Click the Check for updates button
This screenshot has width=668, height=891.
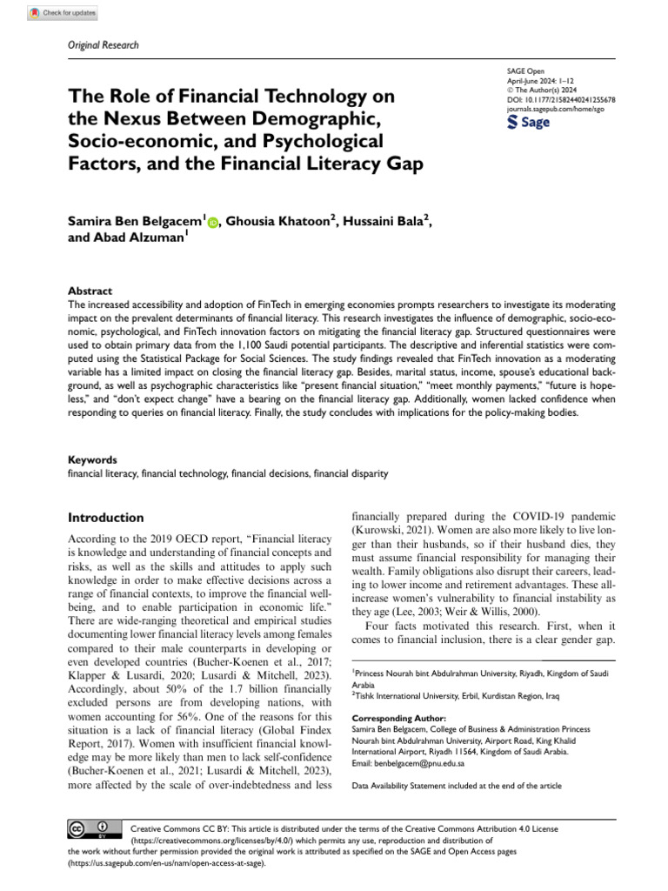click(63, 13)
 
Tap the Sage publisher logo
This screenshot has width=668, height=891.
click(528, 123)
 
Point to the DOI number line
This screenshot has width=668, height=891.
click(560, 100)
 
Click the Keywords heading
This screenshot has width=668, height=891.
click(91, 459)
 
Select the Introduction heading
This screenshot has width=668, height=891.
click(106, 517)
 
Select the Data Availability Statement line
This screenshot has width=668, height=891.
click(457, 786)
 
